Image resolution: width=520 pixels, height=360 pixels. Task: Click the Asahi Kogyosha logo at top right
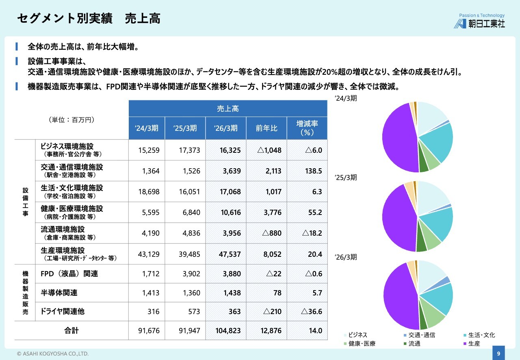point(479,21)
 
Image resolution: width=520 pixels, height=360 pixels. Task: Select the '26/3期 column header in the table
point(225,128)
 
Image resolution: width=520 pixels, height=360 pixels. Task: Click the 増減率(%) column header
point(307,128)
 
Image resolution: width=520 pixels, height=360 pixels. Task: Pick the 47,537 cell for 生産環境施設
point(230,254)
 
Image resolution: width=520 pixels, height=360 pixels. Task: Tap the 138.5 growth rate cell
point(313,171)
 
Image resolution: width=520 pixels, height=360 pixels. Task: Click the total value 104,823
point(228,330)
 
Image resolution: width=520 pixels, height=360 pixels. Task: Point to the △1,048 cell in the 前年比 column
point(269,150)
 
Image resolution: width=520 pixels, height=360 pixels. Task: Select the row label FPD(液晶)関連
point(69,273)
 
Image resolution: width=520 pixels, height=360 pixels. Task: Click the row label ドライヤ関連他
point(63,311)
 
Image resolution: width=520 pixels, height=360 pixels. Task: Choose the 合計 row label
point(71,330)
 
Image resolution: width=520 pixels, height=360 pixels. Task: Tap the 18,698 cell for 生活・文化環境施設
point(149,192)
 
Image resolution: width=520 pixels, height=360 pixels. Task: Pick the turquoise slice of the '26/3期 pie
point(438,299)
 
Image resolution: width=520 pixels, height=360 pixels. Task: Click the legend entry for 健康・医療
point(360,343)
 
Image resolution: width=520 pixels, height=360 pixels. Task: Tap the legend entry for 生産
point(472,343)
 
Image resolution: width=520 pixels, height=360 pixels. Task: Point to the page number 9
point(498,353)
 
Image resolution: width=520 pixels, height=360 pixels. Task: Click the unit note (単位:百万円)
point(71,119)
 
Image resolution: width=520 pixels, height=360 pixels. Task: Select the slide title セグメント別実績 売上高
point(89,19)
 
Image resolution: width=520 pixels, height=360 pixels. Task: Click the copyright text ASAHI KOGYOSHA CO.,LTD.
point(53,354)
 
